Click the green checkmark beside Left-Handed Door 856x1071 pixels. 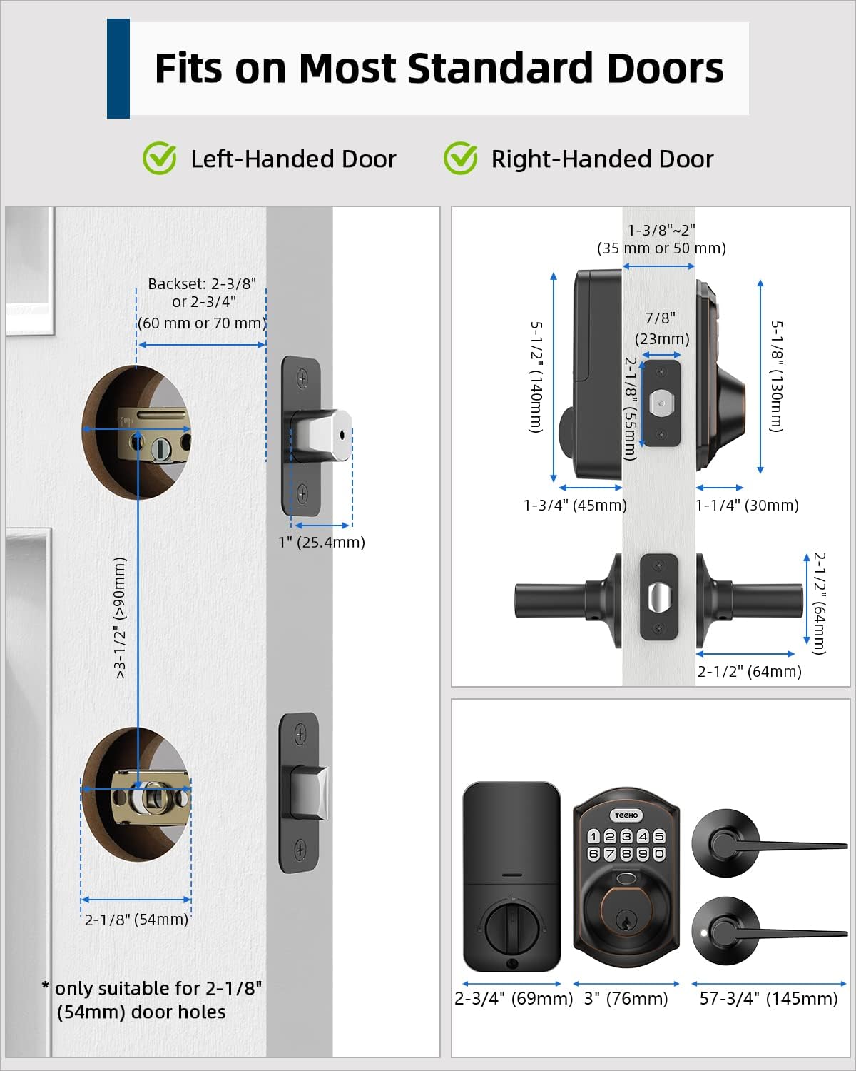[x=159, y=158]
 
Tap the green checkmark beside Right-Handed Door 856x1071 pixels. [x=460, y=158]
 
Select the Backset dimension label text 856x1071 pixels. [x=202, y=303]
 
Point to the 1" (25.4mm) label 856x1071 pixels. [x=321, y=542]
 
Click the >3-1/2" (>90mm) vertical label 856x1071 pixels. [x=120, y=618]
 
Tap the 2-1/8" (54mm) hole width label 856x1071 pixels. [x=136, y=919]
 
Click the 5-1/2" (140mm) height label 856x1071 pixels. [x=536, y=377]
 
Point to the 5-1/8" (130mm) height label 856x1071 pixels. [x=777, y=376]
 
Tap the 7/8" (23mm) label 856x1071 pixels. [x=661, y=328]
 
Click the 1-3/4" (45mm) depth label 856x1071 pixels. [x=575, y=506]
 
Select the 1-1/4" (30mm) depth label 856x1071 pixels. [x=747, y=506]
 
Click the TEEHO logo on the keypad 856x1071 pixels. [x=626, y=815]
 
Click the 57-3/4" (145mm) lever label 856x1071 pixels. [x=768, y=998]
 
